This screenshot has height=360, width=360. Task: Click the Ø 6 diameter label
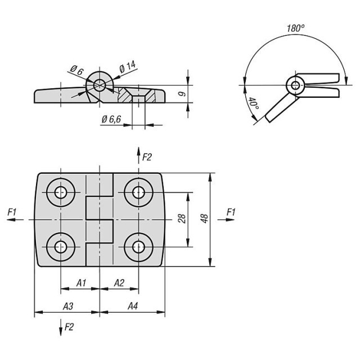pyautogui.click(x=76, y=70)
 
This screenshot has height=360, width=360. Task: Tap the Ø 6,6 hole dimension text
pyautogui.click(x=111, y=119)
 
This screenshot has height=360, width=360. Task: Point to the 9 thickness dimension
pyautogui.click(x=182, y=94)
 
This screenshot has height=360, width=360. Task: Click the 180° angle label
pyautogui.click(x=296, y=29)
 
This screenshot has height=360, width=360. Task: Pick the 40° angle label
pyautogui.click(x=254, y=103)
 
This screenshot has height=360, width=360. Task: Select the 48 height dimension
pyautogui.click(x=204, y=218)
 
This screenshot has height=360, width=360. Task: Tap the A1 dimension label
pyautogui.click(x=81, y=283)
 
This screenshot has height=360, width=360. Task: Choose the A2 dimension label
pyautogui.click(x=119, y=283)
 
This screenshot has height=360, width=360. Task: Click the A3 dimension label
pyautogui.click(x=68, y=306)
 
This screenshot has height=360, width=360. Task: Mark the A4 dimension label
pyautogui.click(x=133, y=306)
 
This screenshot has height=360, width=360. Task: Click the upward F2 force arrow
pyautogui.click(x=138, y=155)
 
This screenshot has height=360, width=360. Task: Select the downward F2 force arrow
pyautogui.click(x=61, y=327)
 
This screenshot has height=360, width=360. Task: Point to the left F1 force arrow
pyautogui.click(x=15, y=220)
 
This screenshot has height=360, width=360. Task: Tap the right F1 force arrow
pyautogui.click(x=226, y=220)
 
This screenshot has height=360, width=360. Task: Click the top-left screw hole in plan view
pyautogui.click(x=61, y=192)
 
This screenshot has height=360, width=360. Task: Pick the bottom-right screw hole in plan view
pyautogui.click(x=138, y=247)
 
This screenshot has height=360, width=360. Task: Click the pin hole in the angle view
pyautogui.click(x=295, y=85)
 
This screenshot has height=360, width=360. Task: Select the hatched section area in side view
pyautogui.click(x=137, y=94)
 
